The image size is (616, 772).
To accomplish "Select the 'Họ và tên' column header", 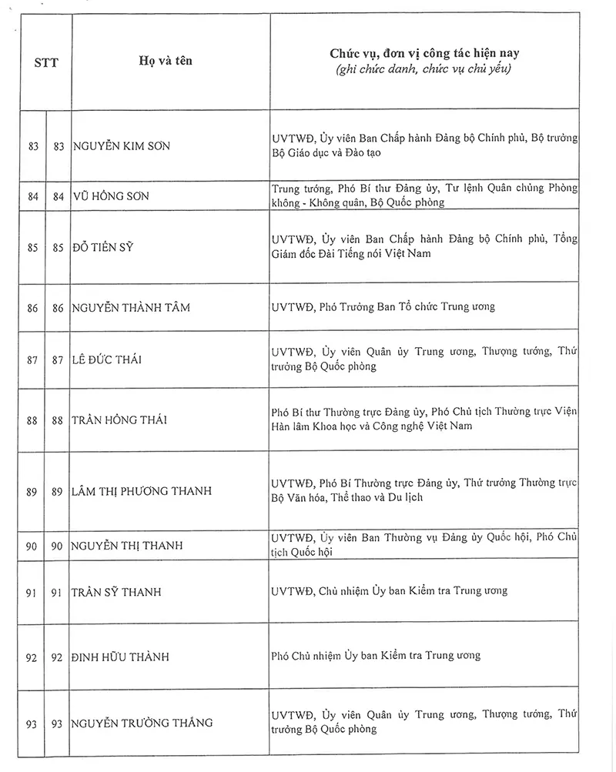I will (169, 61).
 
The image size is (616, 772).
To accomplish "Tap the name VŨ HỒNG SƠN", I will (111, 196).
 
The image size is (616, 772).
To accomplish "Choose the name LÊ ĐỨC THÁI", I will (107, 359).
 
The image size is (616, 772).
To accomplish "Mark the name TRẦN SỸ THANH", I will (117, 592).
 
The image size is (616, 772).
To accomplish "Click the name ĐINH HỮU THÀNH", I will (119, 657).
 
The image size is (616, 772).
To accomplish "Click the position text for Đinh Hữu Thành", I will (376, 656).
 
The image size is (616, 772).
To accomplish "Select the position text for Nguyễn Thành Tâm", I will (383, 306).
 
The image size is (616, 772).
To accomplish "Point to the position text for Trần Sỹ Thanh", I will (389, 591).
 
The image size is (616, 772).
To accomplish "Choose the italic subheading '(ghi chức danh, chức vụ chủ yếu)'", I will (424, 70).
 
